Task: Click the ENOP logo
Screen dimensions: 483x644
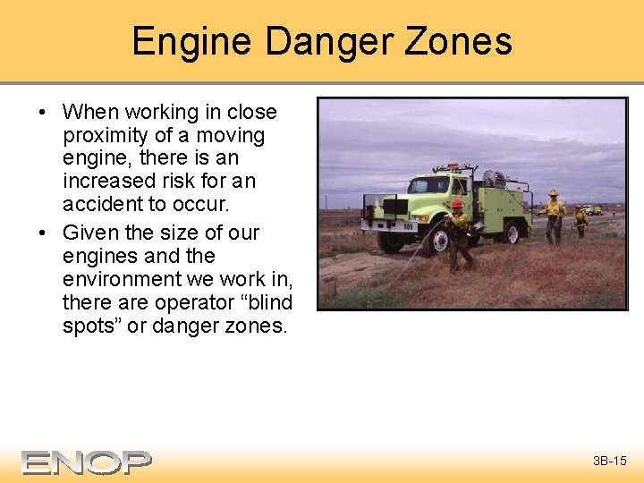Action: tap(86, 462)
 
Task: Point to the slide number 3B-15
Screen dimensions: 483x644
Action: tap(609, 462)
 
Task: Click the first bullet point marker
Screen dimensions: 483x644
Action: tap(42, 113)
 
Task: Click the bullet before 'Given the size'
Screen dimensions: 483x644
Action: tap(42, 233)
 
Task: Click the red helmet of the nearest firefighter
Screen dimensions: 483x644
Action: tap(457, 205)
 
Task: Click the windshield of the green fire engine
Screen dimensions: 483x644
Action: tap(428, 185)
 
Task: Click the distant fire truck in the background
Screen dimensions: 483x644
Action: tap(591, 209)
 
